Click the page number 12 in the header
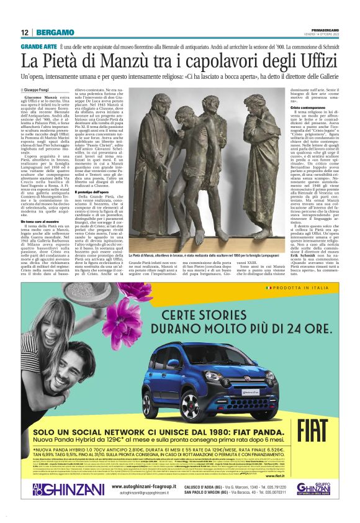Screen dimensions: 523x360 click(25, 32)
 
